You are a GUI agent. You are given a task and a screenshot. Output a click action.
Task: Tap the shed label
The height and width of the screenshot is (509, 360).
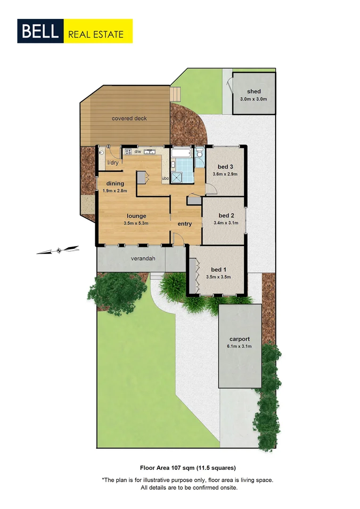(x=254, y=91)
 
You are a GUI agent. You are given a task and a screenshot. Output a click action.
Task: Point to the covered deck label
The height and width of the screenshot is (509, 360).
(x=129, y=118)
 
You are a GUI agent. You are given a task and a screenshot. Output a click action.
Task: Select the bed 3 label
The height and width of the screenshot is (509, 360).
(x=225, y=167)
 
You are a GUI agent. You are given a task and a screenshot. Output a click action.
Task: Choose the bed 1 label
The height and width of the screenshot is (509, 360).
(x=218, y=270)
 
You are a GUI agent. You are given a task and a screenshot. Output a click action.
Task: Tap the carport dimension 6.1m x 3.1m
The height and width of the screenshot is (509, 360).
(x=239, y=346)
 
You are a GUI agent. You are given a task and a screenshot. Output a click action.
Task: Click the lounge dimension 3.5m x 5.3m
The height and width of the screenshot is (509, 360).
(x=136, y=223)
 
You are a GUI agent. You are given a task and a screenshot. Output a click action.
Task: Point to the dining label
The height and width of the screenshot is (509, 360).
(x=115, y=183)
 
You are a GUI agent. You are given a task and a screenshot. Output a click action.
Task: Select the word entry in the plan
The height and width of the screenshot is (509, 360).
(x=185, y=224)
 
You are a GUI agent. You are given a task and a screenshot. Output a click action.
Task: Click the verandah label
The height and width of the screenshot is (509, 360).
(x=143, y=258)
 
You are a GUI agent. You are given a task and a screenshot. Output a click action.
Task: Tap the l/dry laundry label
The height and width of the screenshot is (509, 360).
(x=113, y=163)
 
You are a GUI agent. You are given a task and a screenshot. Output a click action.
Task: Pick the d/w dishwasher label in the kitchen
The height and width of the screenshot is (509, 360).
(x=138, y=152)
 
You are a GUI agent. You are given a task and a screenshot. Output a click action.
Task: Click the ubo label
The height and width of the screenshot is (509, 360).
(x=165, y=179)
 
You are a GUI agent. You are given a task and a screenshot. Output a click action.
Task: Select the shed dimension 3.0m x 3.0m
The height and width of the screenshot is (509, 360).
(x=254, y=99)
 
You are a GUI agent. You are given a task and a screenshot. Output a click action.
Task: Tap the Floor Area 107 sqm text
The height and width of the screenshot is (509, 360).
(x=188, y=468)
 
